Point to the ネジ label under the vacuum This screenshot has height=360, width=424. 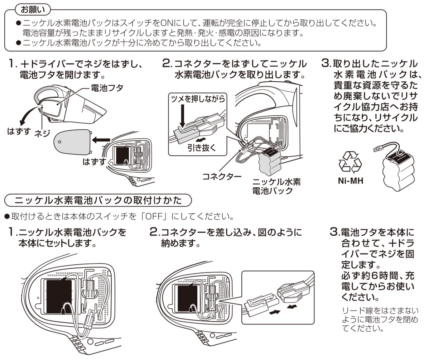coord(42,133)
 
